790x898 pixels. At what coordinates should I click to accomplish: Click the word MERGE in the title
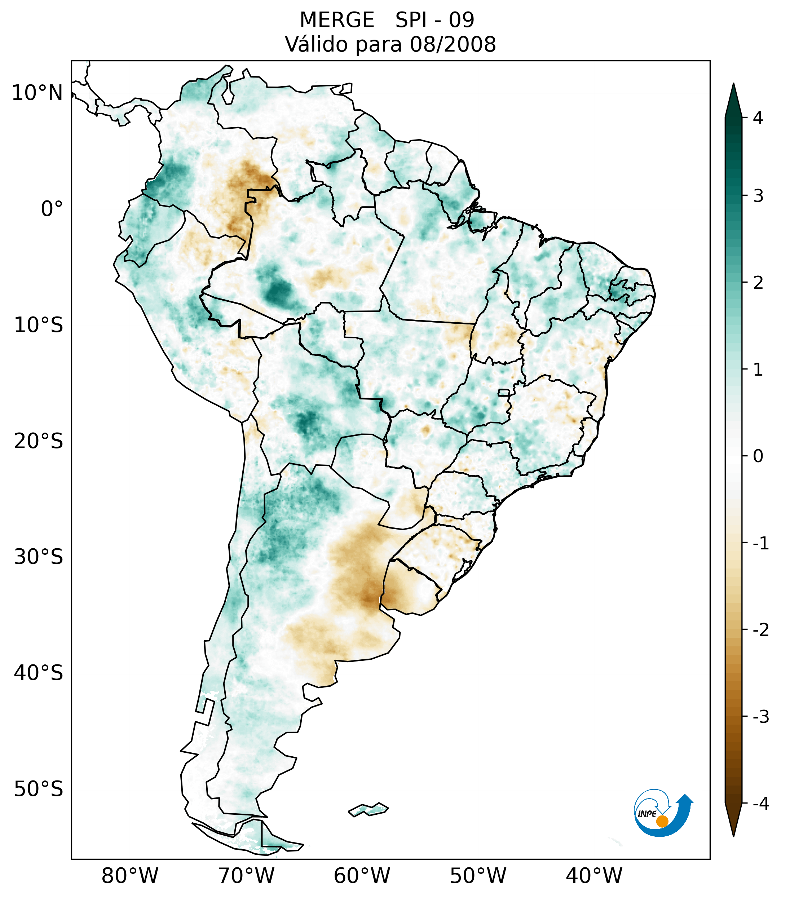(336, 20)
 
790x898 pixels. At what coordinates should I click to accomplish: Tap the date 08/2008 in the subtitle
(453, 44)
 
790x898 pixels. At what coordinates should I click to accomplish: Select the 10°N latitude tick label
(37, 93)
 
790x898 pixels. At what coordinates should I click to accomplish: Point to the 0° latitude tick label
(52, 209)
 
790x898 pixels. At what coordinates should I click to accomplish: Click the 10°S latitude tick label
(39, 325)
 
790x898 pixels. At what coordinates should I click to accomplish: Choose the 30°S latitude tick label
(39, 557)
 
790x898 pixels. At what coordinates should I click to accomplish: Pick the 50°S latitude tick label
(39, 789)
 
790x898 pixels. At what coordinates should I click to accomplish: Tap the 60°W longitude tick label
(362, 876)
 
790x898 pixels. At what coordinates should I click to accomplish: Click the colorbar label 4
(758, 118)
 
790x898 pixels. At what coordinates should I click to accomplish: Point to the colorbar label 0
(758, 456)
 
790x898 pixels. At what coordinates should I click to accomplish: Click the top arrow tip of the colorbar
(733, 84)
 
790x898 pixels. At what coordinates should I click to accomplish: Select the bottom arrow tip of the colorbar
(733, 835)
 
